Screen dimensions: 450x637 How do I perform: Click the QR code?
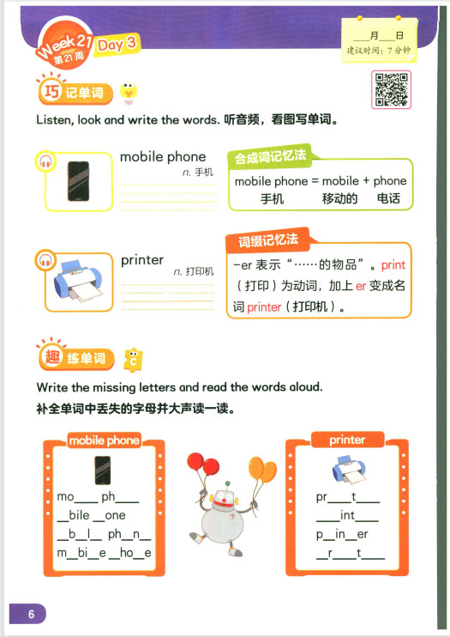[x=391, y=89]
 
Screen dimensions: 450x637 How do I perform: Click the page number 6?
[x=31, y=614]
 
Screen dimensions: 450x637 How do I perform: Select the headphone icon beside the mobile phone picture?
[x=45, y=161]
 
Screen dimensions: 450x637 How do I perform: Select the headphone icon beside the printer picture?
[x=45, y=259]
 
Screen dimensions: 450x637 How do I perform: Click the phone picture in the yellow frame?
[x=78, y=181]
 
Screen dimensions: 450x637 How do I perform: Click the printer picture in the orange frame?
[x=78, y=281]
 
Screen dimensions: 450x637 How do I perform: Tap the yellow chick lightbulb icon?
[x=129, y=94]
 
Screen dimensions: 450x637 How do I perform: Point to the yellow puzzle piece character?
[x=133, y=360]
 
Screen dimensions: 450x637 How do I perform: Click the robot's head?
[x=224, y=498]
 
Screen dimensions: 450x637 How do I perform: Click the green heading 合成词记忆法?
[x=270, y=156]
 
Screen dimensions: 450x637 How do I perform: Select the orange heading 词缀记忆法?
[x=268, y=240]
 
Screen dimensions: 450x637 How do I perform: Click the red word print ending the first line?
[x=393, y=265]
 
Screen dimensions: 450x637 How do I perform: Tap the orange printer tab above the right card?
[x=347, y=440]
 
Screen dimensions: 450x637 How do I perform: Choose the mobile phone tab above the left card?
[x=105, y=440]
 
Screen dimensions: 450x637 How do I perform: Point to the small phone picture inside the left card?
[x=103, y=470]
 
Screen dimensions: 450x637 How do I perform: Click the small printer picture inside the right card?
[x=349, y=470]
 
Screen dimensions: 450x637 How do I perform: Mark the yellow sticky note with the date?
[x=379, y=40]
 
